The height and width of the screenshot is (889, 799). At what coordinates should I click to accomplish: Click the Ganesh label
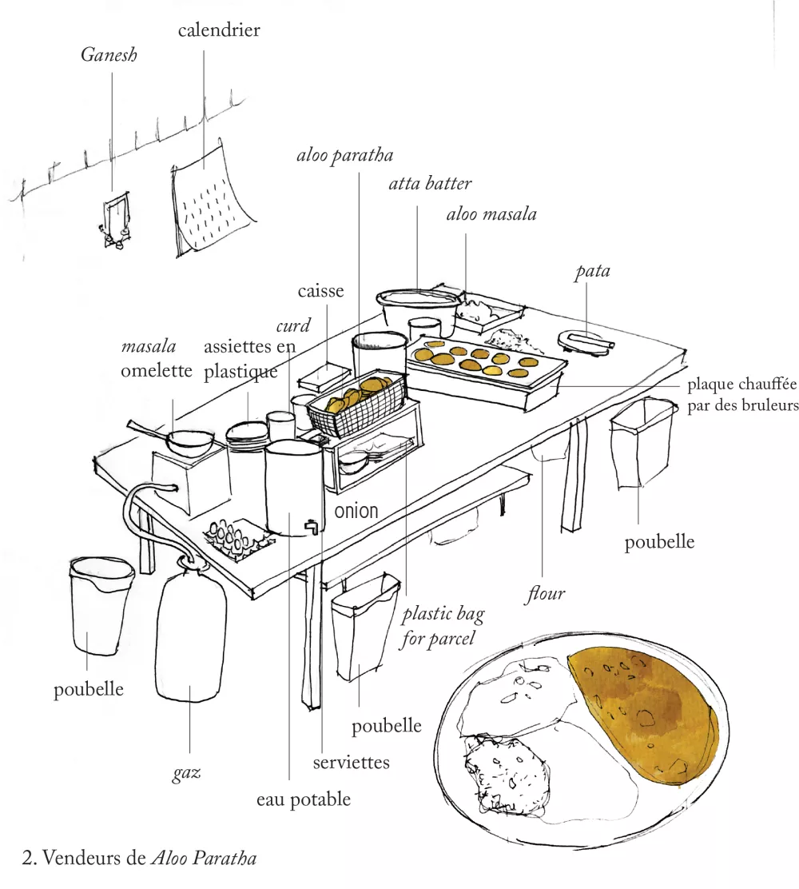[x=109, y=56]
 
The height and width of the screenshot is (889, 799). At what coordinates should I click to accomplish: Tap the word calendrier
[x=219, y=30]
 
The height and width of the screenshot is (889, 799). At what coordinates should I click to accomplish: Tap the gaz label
[x=186, y=773]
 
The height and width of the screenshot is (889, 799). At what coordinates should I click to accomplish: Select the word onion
[x=356, y=511]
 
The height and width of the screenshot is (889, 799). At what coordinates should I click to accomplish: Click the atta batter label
[x=430, y=184]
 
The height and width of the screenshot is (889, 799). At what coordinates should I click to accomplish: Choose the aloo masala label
[x=491, y=214]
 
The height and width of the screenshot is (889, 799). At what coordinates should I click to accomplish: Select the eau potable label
[x=303, y=799]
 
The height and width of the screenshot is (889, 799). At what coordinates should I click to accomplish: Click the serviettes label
[x=351, y=762]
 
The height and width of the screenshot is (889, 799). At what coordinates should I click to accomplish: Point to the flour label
[x=546, y=593]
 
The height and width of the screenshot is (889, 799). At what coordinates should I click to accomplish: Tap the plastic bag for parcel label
[x=443, y=626]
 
